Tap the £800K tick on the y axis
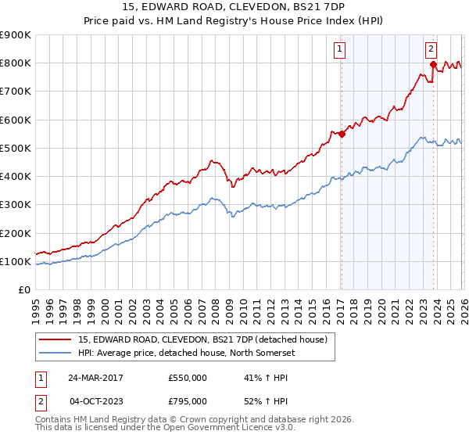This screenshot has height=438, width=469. click(16, 63)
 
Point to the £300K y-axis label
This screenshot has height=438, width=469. click(16, 205)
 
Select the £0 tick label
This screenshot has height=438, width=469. click(23, 289)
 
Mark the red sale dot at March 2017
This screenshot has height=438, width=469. click(342, 134)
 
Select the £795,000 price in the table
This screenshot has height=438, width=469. click(187, 401)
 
